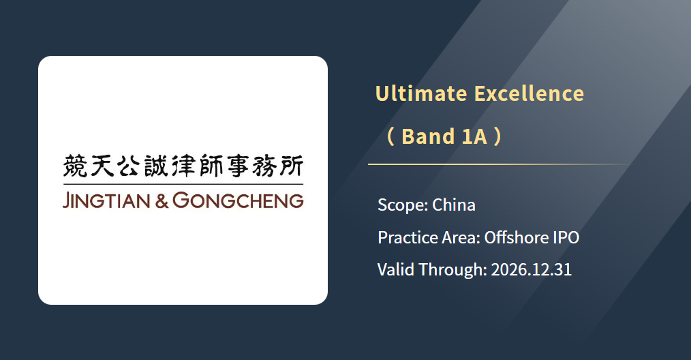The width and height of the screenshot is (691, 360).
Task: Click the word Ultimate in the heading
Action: [421, 93]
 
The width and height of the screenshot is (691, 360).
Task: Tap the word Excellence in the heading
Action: [529, 93]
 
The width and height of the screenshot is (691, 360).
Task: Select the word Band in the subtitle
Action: [428, 136]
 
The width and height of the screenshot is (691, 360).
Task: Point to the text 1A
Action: [474, 136]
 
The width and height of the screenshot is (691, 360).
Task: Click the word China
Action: [454, 205]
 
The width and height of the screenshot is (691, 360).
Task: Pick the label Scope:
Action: [403, 205]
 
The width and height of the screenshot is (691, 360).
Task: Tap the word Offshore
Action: [517, 238]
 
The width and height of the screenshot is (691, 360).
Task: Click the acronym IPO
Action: [566, 238]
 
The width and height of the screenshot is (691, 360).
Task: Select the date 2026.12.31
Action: [532, 269]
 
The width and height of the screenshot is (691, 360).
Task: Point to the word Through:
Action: [452, 270]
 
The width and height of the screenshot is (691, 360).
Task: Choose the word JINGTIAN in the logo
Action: [106, 200]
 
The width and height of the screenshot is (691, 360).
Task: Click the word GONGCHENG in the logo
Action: [238, 200]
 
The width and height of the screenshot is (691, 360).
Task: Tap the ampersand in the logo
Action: [162, 201]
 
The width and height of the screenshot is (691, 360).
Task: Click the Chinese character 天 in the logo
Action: [102, 166]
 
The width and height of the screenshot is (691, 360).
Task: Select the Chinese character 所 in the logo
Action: [291, 166]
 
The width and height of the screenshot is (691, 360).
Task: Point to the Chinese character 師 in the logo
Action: [211, 166]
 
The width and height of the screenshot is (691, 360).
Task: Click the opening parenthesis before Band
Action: [390, 137]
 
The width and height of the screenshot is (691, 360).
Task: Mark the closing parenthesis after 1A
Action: [497, 137]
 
